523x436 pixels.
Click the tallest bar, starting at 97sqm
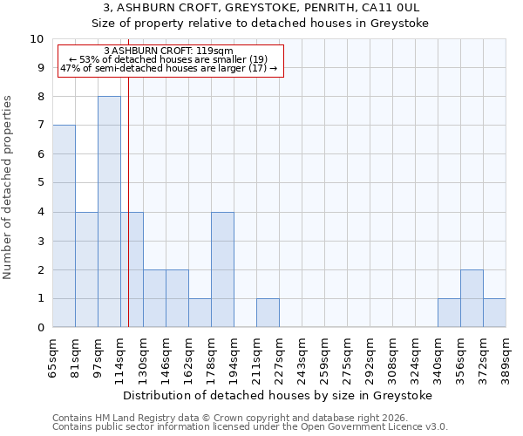pos(109,212)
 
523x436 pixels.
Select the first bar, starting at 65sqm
pos(64,226)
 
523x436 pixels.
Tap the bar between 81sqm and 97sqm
pos(86,269)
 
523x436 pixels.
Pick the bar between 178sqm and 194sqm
pos(222,269)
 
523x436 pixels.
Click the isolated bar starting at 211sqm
pos(268,313)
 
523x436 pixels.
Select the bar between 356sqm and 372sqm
pos(472,298)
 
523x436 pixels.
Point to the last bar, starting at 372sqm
pos(494,313)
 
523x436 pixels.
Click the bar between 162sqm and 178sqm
pos(200,313)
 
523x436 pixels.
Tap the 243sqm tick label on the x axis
pos(302,356)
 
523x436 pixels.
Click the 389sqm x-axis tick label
pos(506,356)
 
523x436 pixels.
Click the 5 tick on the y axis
pos(40,183)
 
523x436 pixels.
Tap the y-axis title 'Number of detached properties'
pos(8,187)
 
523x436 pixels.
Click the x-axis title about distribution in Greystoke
pos(278,395)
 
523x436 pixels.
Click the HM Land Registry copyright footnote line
pos(249,418)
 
